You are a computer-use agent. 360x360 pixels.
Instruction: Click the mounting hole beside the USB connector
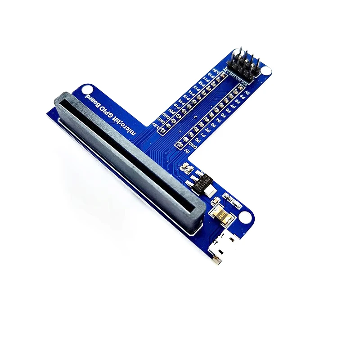(244, 218)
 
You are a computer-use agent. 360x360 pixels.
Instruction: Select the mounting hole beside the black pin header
(266, 71)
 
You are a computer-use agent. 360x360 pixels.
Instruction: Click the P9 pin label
(243, 97)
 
